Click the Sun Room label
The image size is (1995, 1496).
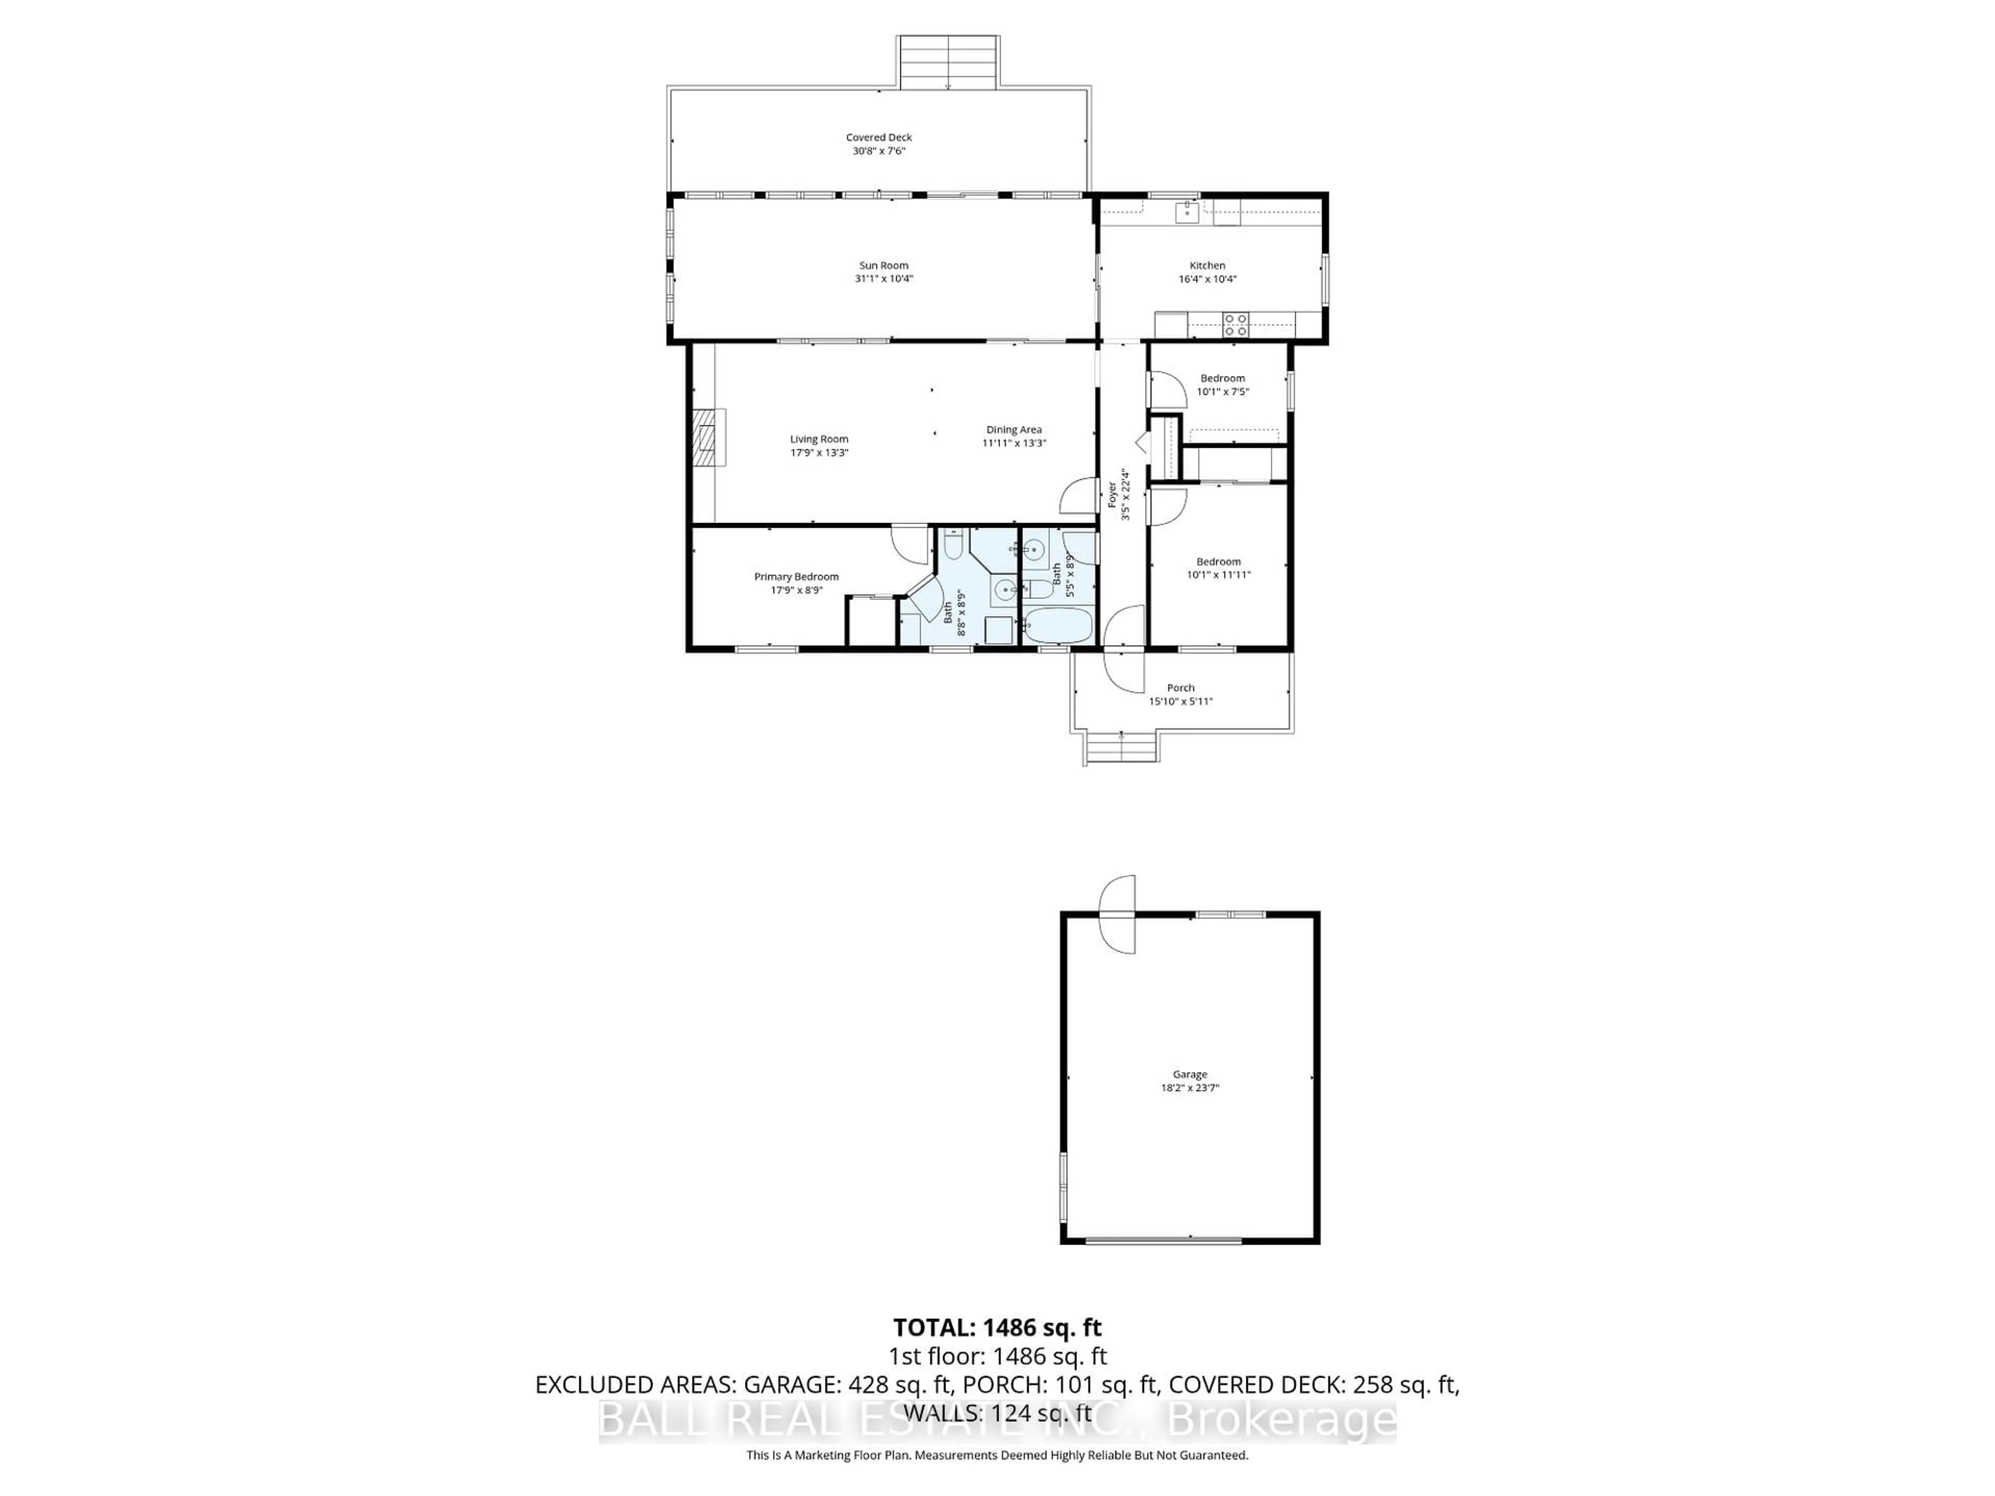(883, 265)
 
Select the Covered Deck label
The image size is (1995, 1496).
(879, 137)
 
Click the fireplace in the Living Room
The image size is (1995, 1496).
(709, 437)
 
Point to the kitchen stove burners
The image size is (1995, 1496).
(1235, 325)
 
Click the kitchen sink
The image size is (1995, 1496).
(1188, 213)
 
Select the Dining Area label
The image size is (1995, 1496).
(1014, 429)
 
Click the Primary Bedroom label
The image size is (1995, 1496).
(796, 576)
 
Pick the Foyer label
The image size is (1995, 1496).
(1112, 494)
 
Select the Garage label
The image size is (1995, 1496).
(1190, 1074)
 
